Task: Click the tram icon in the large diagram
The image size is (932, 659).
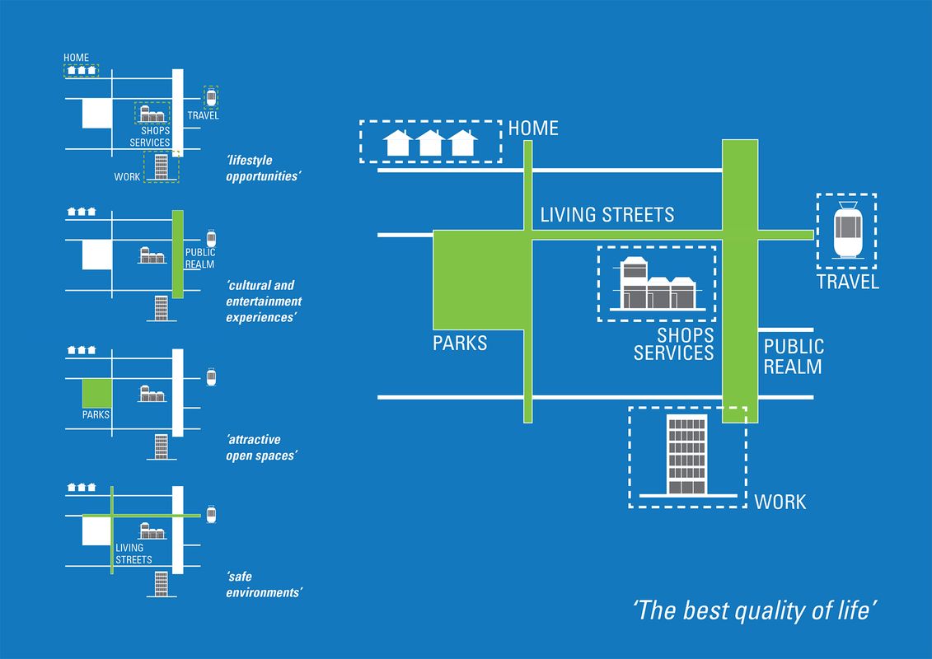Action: pos(846,231)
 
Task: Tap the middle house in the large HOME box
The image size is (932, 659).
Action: pos(431,143)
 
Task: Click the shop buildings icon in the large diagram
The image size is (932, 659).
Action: pos(657,284)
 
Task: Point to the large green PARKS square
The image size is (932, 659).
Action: pos(479,285)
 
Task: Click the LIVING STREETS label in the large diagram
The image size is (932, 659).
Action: pos(607,215)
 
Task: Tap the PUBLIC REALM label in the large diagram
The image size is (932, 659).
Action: pos(793,356)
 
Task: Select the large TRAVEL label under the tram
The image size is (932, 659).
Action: pos(848,283)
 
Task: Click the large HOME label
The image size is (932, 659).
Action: pos(533,129)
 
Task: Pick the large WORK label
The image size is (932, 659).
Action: pos(780,502)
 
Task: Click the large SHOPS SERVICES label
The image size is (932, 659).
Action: pos(673,345)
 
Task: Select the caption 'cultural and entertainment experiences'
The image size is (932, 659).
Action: pos(264,301)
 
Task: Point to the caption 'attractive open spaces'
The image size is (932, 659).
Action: pos(260,448)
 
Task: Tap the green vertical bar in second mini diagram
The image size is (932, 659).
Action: pos(177,254)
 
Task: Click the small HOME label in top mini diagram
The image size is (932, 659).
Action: pos(77,58)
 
